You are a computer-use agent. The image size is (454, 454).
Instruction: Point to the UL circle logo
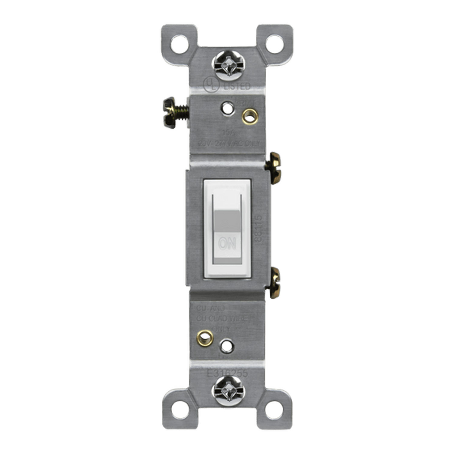point(211,85)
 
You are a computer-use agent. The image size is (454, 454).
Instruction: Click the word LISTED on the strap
point(237,87)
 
